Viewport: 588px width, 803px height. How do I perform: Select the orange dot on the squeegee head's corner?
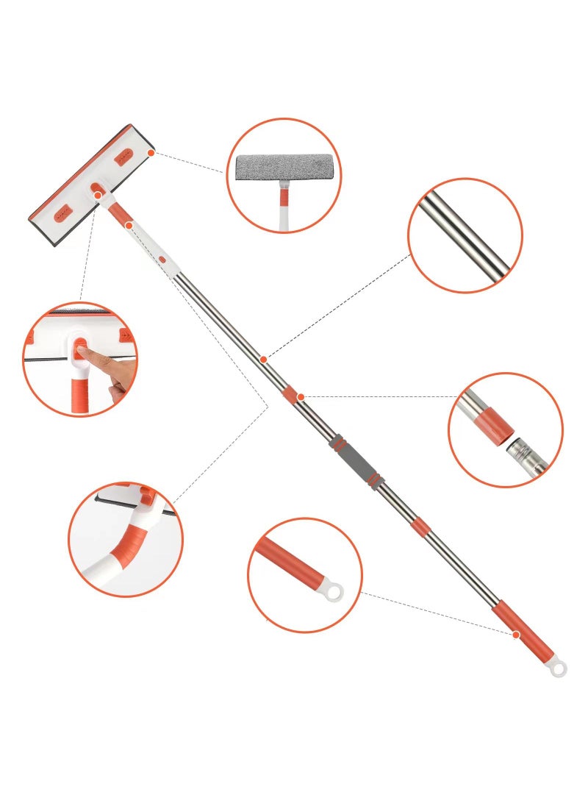coord(151,152)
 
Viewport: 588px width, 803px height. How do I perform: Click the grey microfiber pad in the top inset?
coord(284,170)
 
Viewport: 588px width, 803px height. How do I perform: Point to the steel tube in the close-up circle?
coord(465,235)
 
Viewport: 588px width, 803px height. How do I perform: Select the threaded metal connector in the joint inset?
coord(526,452)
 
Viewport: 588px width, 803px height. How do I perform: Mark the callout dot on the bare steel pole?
coord(263,360)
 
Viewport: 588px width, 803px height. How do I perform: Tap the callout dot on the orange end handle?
coord(517,634)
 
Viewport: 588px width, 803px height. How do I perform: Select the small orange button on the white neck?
coord(162,260)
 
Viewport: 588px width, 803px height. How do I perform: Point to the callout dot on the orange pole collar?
coord(301,397)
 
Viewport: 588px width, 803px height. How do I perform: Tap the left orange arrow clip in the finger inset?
coord(32,338)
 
